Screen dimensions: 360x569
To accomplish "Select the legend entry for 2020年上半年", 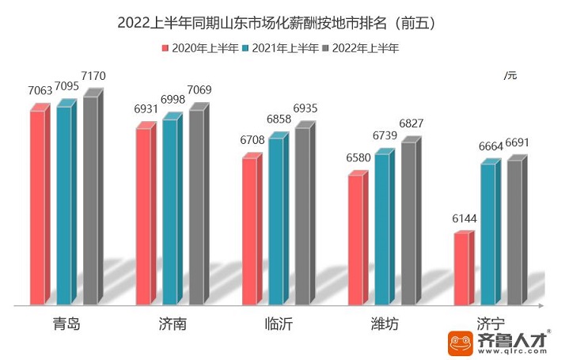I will [x=200, y=47].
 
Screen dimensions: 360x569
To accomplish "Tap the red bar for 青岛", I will [x=37, y=207].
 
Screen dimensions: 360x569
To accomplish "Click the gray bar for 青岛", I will [x=90, y=199].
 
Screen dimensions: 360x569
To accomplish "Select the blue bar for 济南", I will [x=169, y=211].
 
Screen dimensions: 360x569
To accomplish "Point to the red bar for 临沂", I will [x=249, y=230].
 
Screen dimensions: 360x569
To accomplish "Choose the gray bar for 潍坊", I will [x=408, y=223].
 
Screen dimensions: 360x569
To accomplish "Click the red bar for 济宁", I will [x=461, y=269].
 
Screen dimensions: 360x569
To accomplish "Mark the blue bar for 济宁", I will [x=487, y=234].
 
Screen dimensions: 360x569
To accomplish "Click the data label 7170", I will [x=92, y=77].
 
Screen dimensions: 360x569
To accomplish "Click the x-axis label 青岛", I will [x=66, y=324].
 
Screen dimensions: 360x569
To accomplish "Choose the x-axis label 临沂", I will [x=278, y=324].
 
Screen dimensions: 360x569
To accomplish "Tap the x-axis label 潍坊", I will [x=384, y=324].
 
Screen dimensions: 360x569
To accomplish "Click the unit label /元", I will [x=510, y=75].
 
